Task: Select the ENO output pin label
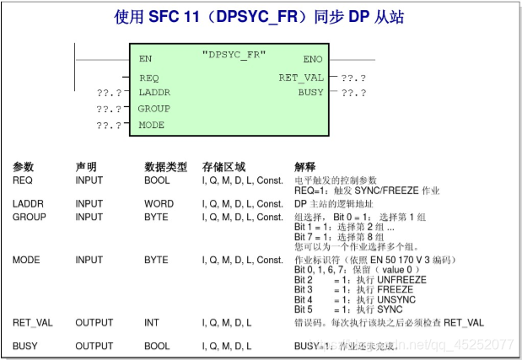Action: tap(312, 60)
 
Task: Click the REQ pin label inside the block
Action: tap(149, 78)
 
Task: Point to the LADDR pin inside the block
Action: tap(154, 92)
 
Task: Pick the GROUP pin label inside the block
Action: tap(154, 109)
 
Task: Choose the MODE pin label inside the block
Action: tap(152, 126)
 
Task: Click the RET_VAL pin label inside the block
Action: tap(301, 78)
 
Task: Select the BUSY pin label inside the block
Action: tap(310, 92)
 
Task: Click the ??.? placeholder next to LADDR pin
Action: tap(109, 92)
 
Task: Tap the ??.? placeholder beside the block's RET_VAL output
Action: tap(353, 78)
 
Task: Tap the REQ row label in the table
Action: tap(23, 180)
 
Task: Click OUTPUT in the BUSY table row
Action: tap(94, 346)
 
